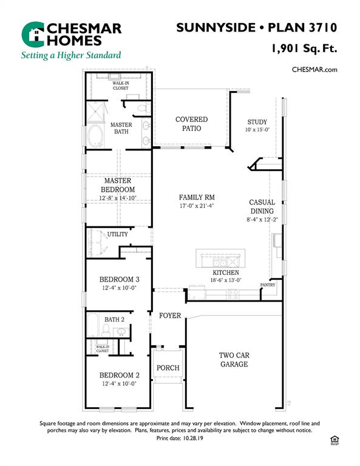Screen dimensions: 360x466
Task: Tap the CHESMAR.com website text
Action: click(x=314, y=70)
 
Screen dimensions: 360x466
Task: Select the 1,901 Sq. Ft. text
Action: click(x=304, y=48)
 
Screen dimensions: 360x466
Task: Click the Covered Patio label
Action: click(x=191, y=124)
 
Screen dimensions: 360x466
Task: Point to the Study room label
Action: click(x=257, y=122)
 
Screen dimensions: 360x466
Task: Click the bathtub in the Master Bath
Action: click(x=96, y=136)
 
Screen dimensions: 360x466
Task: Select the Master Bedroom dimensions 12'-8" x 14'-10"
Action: click(x=118, y=198)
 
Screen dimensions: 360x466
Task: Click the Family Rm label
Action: click(x=197, y=197)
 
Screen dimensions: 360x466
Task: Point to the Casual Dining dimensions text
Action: click(x=262, y=220)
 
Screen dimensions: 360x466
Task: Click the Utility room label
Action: click(x=117, y=234)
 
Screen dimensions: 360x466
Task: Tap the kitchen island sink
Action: click(x=220, y=262)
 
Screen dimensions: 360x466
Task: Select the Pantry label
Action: click(x=268, y=285)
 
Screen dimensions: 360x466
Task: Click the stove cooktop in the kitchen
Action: click(x=232, y=294)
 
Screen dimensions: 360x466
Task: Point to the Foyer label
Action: click(x=170, y=316)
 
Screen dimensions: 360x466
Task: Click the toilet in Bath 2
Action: click(x=106, y=331)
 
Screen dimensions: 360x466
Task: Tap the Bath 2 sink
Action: click(x=121, y=332)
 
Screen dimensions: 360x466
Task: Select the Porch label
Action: click(x=168, y=368)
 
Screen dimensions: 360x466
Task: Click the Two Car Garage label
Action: click(x=234, y=360)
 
